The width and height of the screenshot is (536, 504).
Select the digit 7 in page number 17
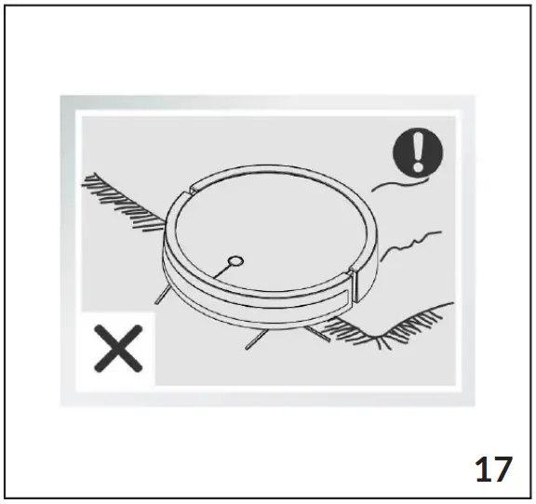coord(503,468)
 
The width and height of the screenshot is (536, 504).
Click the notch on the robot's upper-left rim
coord(190,192)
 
